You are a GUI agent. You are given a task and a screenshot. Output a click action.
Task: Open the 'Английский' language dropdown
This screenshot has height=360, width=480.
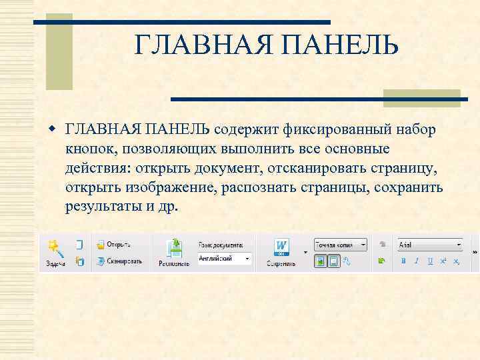pyautogui.click(x=225, y=259)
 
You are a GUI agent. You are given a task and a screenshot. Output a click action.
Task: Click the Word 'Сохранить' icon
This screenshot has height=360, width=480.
pyautogui.click(x=281, y=250)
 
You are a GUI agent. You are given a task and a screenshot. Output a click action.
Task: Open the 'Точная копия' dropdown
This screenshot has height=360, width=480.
pyautogui.click(x=340, y=245)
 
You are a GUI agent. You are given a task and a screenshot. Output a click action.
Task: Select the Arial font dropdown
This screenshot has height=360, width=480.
pyautogui.click(x=429, y=245)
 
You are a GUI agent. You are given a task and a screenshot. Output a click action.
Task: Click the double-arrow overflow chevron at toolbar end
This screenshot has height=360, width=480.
pyautogui.click(x=475, y=253)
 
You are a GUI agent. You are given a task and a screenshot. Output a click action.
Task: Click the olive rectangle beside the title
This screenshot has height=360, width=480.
pyautogui.click(x=59, y=53)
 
